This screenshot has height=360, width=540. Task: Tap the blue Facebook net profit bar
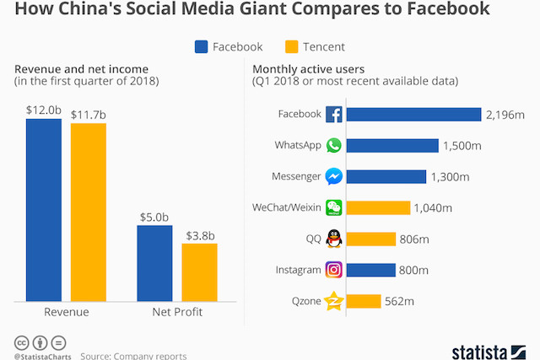(x=154, y=262)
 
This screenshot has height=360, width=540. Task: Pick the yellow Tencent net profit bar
(x=199, y=271)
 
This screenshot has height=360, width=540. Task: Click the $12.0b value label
(x=43, y=110)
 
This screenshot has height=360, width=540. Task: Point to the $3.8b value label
(x=199, y=235)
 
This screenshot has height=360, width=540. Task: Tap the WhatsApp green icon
(x=334, y=146)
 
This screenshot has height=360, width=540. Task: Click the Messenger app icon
(x=334, y=177)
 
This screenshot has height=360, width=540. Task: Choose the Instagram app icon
(x=334, y=270)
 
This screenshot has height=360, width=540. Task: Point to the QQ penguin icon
(x=334, y=239)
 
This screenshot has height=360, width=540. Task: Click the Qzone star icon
(x=334, y=301)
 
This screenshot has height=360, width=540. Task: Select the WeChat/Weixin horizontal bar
(x=378, y=207)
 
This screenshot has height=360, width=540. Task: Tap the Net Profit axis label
(x=176, y=313)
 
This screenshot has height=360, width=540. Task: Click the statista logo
(x=489, y=348)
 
